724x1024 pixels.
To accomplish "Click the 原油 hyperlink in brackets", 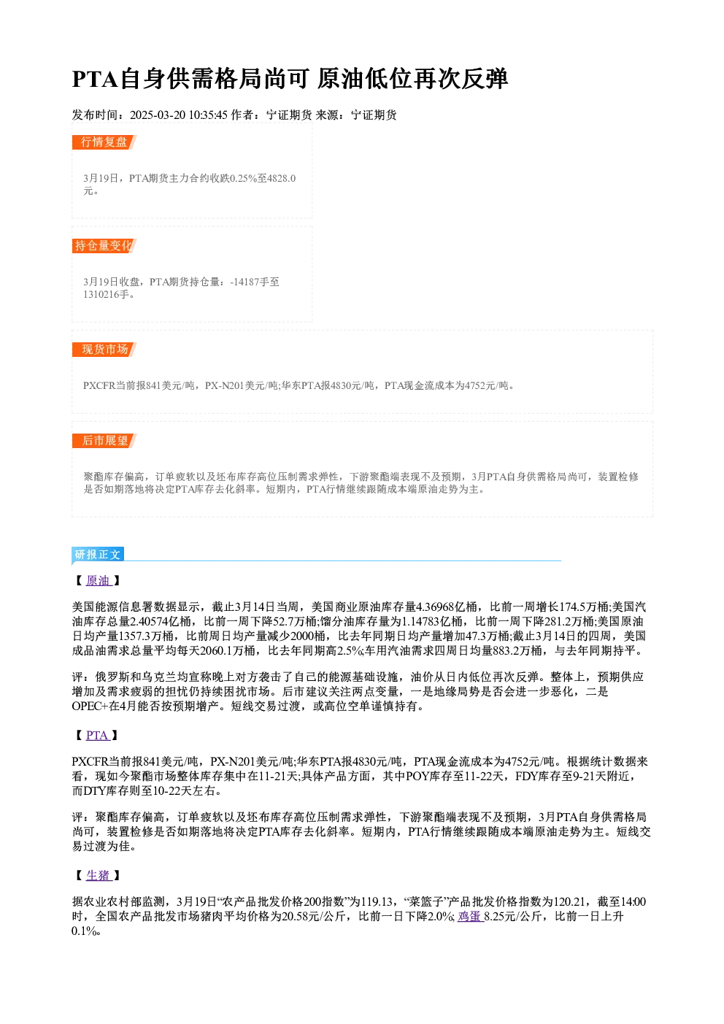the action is pyautogui.click(x=99, y=580).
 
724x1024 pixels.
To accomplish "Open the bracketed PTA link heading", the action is pyautogui.click(x=97, y=736).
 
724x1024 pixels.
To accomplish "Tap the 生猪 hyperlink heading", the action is pyautogui.click(x=99, y=875).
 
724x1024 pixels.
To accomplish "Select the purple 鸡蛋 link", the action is pyautogui.click(x=470, y=917).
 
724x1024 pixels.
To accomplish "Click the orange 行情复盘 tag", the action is pyautogui.click(x=104, y=142).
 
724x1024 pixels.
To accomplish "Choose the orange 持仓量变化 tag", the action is pyautogui.click(x=104, y=246).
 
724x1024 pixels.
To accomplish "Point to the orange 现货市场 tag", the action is pyautogui.click(x=104, y=350).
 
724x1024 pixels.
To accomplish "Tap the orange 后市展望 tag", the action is pyautogui.click(x=104, y=441).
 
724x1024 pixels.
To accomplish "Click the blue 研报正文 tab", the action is pyautogui.click(x=98, y=555).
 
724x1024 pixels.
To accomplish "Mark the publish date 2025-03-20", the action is pyautogui.click(x=157, y=115).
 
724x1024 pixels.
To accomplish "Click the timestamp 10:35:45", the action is pyautogui.click(x=207, y=115).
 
